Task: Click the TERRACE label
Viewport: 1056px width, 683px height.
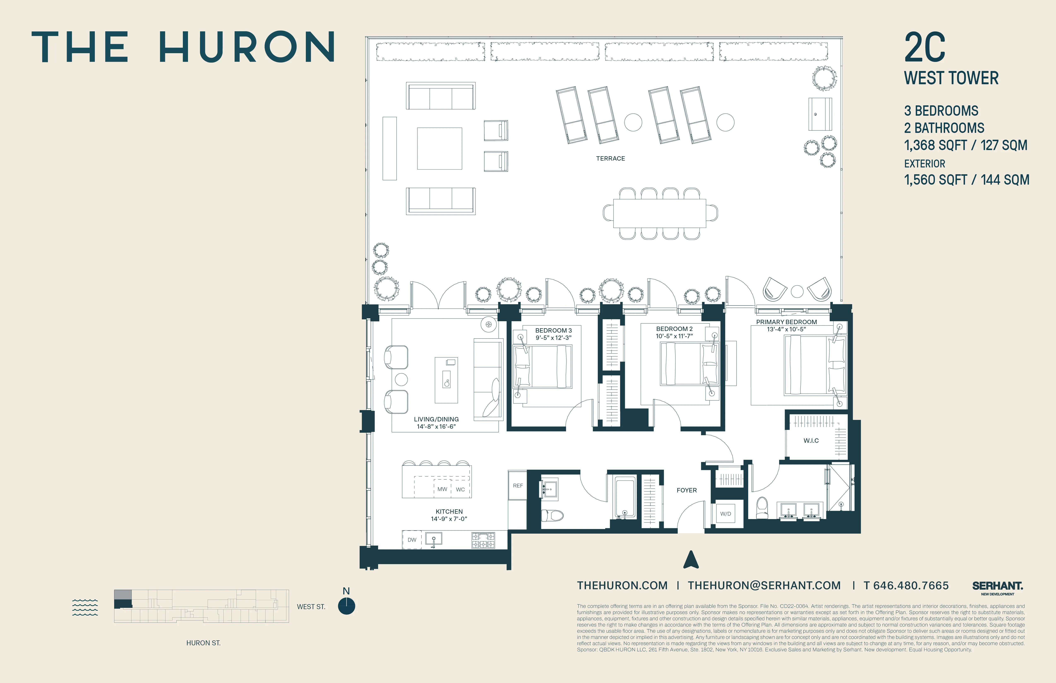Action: pos(610,158)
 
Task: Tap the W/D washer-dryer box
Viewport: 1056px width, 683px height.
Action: pos(726,513)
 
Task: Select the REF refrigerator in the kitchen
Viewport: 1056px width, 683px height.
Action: pos(517,486)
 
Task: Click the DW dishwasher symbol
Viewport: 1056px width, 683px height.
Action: pos(412,540)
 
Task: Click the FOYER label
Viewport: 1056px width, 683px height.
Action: pos(686,490)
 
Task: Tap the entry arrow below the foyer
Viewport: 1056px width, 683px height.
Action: pos(691,560)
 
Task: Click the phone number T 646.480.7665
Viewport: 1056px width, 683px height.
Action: pos(906,586)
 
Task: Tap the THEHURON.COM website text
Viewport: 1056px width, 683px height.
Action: pos(622,586)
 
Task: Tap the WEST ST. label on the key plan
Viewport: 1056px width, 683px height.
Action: pos(311,607)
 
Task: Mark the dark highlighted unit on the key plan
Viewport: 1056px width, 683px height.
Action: pos(123,604)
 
